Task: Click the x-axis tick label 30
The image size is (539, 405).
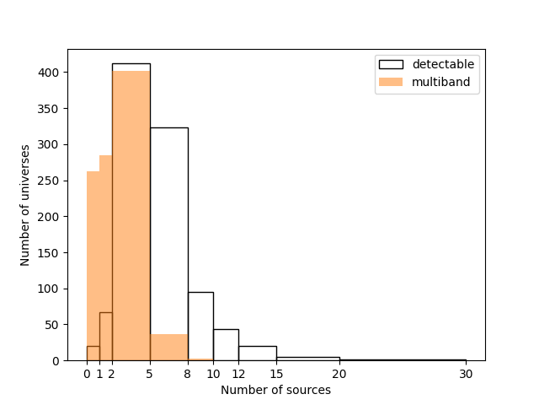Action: point(466,374)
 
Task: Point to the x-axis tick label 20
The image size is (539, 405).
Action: point(339,374)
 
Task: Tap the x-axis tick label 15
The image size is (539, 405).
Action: point(276,374)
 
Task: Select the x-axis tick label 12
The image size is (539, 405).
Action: point(238,374)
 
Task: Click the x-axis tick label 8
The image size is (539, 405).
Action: point(188,374)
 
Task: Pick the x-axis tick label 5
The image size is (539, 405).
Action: point(150,374)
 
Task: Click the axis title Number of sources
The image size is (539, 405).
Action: point(275,390)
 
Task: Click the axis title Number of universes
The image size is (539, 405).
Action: point(26,205)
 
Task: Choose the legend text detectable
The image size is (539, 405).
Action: point(444,64)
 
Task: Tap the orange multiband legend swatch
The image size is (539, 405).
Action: point(391,82)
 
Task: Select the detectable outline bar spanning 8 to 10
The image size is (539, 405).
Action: point(200,326)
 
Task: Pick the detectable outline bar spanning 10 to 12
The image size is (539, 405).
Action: point(226,344)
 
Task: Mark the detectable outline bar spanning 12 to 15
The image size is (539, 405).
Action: point(257,353)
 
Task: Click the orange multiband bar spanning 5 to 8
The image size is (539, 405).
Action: point(168,347)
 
